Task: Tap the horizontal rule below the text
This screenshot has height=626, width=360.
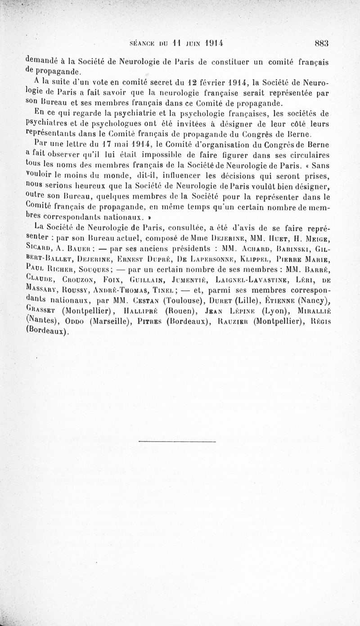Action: [180, 440]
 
